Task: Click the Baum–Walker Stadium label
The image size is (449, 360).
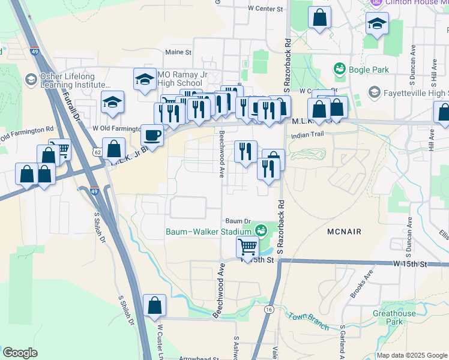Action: tap(208, 232)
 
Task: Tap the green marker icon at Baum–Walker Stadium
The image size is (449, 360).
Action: tap(261, 230)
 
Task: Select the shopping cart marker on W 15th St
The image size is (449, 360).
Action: tap(247, 247)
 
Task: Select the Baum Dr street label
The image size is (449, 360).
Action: tap(237, 221)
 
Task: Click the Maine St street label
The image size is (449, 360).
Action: tap(178, 52)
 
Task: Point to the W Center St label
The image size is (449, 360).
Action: tap(265, 9)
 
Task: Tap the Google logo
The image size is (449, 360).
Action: tap(19, 353)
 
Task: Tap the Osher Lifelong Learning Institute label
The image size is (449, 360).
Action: tap(75, 81)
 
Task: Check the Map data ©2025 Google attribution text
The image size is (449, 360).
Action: tap(412, 355)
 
